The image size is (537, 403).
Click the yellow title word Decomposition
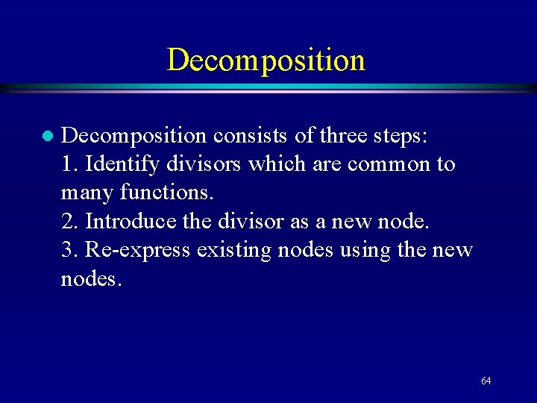(x=266, y=60)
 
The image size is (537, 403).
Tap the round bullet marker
(x=46, y=137)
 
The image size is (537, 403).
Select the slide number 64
(x=486, y=381)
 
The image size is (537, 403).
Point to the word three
(x=343, y=135)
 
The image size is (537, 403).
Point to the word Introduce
(x=130, y=222)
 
